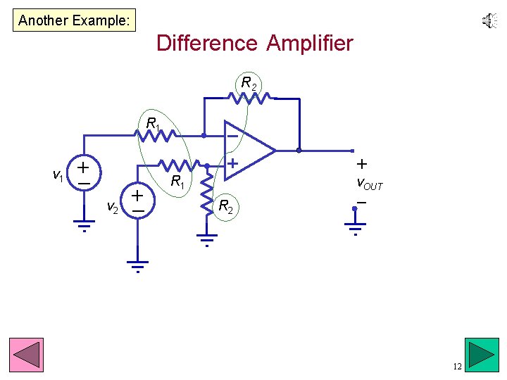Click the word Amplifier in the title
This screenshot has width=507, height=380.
coord(310,44)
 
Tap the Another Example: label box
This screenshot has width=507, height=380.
coord(74,20)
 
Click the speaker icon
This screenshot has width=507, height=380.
coord(489,22)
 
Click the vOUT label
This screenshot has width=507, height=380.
coord(369,184)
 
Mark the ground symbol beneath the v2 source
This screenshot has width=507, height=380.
coord(138,265)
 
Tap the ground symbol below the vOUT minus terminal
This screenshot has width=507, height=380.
coord(355,228)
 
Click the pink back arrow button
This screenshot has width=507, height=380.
coord(26,355)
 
